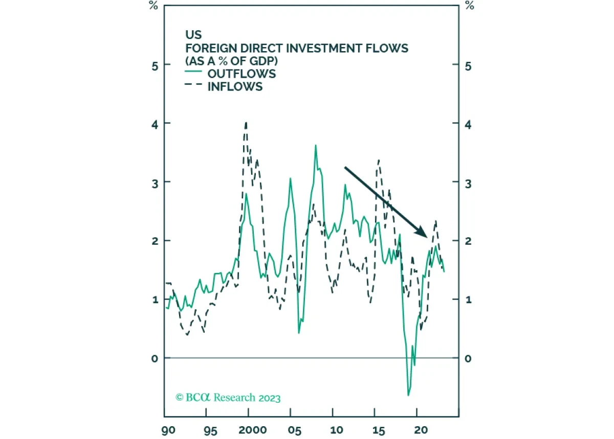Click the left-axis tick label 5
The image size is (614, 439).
tap(153, 65)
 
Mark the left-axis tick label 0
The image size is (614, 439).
tap(153, 358)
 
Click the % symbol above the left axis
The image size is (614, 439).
tap(153, 6)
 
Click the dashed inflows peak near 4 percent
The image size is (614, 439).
tap(246, 123)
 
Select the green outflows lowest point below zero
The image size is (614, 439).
tap(408, 395)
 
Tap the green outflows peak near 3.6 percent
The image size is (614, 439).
tap(316, 145)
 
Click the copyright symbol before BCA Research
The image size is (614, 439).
tap(179, 397)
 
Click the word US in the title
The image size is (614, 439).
tap(193, 35)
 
